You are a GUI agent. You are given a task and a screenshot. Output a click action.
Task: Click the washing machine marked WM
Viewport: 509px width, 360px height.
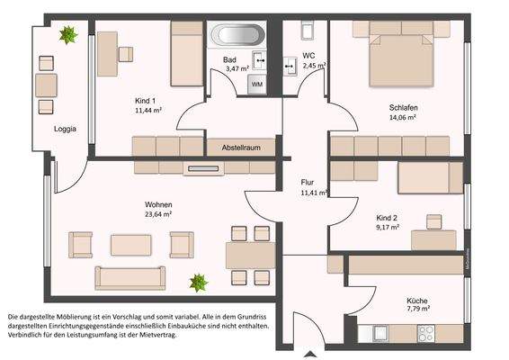pyautogui.click(x=257, y=84)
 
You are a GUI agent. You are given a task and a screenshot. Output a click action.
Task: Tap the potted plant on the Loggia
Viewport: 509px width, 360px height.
pyautogui.click(x=67, y=36)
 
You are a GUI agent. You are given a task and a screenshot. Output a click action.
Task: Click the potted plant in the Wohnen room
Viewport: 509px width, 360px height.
pyautogui.click(x=199, y=283)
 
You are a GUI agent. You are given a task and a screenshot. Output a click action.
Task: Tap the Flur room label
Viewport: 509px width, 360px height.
pyautogui.click(x=308, y=182)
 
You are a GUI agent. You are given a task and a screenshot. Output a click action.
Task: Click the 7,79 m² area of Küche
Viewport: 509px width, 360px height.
pyautogui.click(x=416, y=309)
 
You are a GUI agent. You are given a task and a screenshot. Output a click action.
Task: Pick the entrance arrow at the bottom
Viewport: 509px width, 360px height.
pyautogui.click(x=307, y=352)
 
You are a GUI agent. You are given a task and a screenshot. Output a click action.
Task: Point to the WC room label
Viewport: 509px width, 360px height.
pyautogui.click(x=308, y=55)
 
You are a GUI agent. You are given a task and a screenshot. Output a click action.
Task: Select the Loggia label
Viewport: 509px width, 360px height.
pyautogui.click(x=65, y=129)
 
